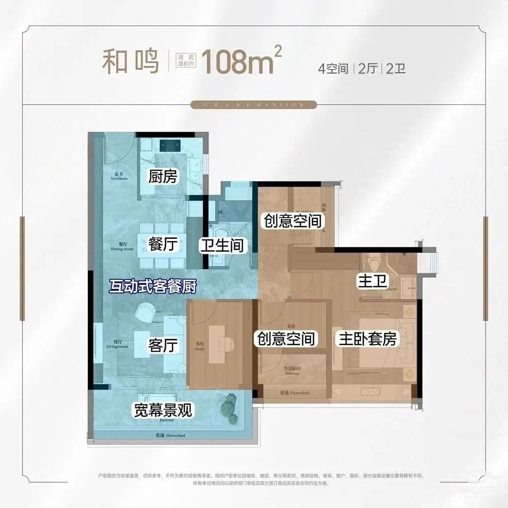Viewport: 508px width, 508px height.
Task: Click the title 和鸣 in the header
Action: pos(131,63)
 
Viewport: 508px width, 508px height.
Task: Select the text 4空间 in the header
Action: pos(333,69)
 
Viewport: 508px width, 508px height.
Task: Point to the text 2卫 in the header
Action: pos(396,69)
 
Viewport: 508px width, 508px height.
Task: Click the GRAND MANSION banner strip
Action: pos(254,105)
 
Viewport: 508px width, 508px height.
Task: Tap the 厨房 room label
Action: pos(162,176)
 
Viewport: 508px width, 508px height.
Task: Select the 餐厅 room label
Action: pos(162,245)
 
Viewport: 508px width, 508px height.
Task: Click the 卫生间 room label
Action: pos(221,245)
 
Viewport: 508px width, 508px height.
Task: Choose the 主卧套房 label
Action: pos(366,339)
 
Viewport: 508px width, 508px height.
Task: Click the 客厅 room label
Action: pos(163,346)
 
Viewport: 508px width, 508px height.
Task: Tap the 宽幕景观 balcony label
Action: pos(163,411)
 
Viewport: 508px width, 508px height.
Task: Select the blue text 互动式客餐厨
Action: pos(152,286)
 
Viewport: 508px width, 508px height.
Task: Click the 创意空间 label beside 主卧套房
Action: pos(285,338)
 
